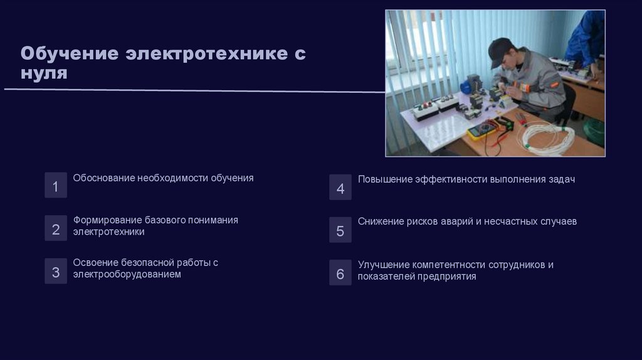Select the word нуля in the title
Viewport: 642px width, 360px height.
(x=44, y=73)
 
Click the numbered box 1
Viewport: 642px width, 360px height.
(x=56, y=186)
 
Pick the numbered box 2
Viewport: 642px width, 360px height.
(x=56, y=229)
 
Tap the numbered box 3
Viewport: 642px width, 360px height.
(x=56, y=272)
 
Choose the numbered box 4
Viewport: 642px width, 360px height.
(x=340, y=188)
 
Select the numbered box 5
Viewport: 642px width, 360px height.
(x=340, y=230)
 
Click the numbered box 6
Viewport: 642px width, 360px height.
(x=340, y=273)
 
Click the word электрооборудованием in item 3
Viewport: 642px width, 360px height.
(x=127, y=274)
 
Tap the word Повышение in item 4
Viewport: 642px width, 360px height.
(x=385, y=179)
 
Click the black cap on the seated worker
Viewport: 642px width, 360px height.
(x=500, y=50)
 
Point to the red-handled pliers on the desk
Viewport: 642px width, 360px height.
(x=520, y=119)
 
